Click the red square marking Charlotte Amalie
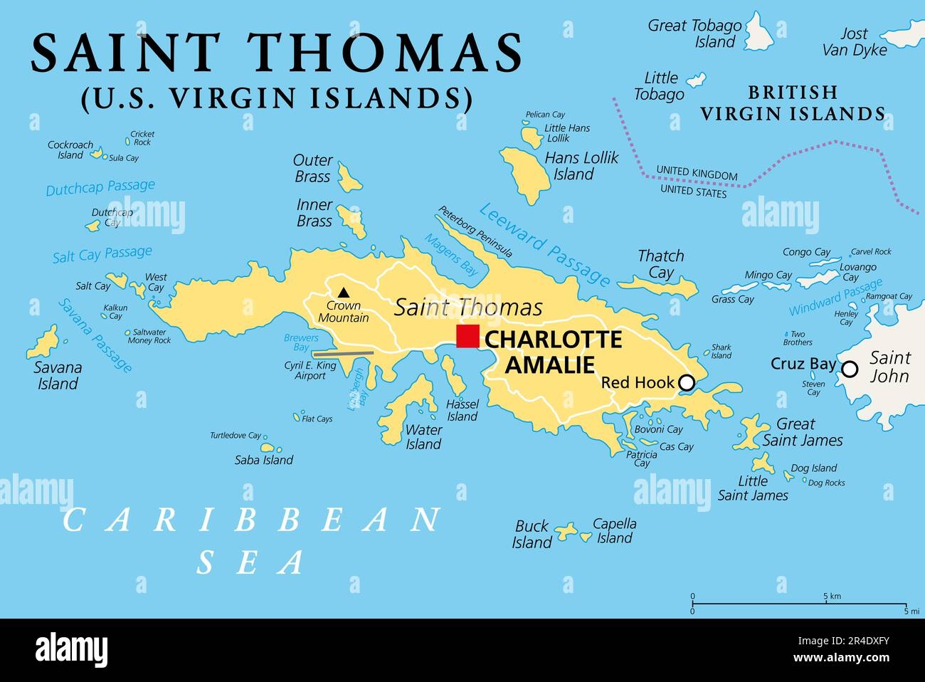pyautogui.click(x=467, y=336)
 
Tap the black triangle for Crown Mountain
pyautogui.click(x=344, y=292)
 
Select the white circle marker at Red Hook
pyautogui.click(x=686, y=383)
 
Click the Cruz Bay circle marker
pyautogui.click(x=850, y=369)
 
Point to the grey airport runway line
pyautogui.click(x=343, y=352)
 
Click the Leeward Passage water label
pyautogui.click(x=544, y=244)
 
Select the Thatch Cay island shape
pyautogui.click(x=658, y=285)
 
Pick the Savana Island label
pyautogui.click(x=58, y=376)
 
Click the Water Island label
pyautogui.click(x=423, y=437)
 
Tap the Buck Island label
pyautogui.click(x=532, y=534)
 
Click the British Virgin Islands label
pyautogui.click(x=792, y=103)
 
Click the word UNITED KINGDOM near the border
pyautogui.click(x=697, y=174)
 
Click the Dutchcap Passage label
pyautogui.click(x=100, y=187)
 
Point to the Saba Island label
pyautogui.click(x=264, y=461)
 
